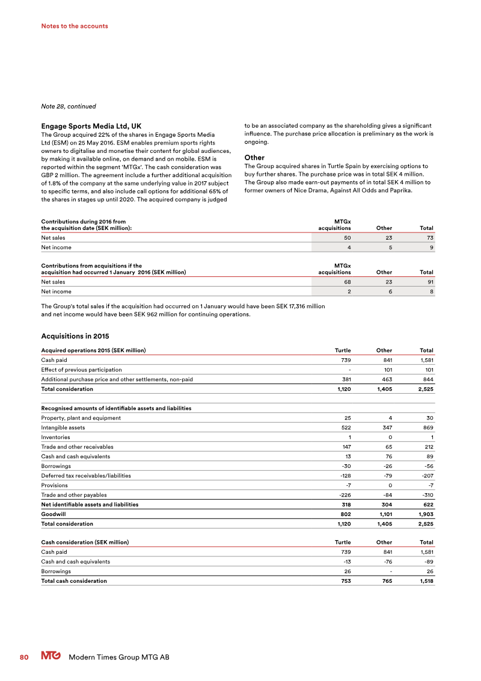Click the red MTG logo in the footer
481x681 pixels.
click(x=52, y=658)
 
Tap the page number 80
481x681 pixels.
click(x=24, y=658)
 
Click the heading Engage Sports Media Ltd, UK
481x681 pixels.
click(x=91, y=126)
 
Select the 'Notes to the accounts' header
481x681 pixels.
click(x=75, y=26)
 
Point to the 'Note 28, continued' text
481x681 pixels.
click(x=68, y=107)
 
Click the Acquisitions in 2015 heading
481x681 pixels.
click(x=75, y=335)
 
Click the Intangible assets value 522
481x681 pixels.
click(x=343, y=428)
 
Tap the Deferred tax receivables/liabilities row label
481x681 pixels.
click(x=86, y=476)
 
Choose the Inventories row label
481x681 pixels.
click(x=55, y=437)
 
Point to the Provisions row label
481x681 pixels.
click(x=54, y=485)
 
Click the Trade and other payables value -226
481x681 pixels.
click(x=342, y=495)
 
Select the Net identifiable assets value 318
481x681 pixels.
click(x=343, y=505)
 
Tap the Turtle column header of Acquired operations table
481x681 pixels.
click(x=342, y=350)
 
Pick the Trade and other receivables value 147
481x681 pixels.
click(x=344, y=447)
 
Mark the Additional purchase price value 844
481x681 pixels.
click(x=426, y=379)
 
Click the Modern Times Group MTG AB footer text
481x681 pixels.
click(x=119, y=658)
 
